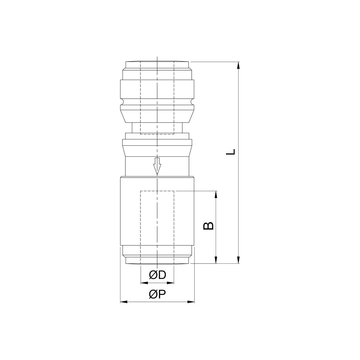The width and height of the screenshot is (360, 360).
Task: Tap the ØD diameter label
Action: pos(157,274)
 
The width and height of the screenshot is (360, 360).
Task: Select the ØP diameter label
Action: pos(157,295)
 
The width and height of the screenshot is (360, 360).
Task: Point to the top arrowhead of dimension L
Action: pos(238,66)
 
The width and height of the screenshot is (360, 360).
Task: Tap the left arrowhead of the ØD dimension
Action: pos(144,283)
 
